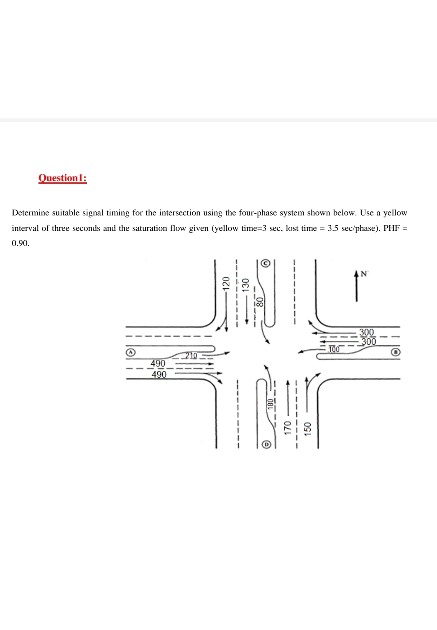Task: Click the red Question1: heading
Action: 62,178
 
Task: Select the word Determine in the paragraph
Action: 31,213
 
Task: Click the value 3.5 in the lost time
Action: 333,228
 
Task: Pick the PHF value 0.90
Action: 20,243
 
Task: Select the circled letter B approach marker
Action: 394,352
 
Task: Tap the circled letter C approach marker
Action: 266,263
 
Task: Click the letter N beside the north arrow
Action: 363,274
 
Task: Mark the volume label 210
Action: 191,356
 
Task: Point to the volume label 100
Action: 334,349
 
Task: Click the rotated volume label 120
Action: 226,283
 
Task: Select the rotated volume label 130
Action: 246,285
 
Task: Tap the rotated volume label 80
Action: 260,302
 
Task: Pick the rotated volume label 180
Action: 270,404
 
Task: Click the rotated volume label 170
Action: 287,428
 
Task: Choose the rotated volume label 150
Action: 308,429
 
